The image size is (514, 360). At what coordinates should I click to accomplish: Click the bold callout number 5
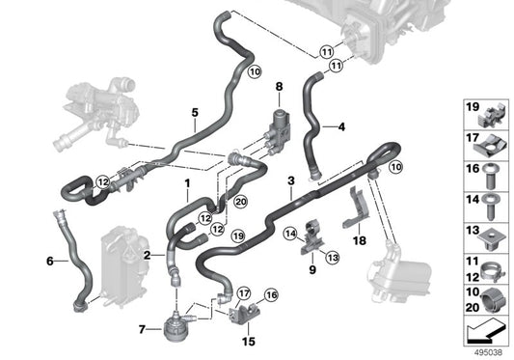point(196,112)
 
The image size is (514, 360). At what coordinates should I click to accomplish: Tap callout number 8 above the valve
point(278,88)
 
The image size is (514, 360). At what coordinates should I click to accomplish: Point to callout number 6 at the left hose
point(50,260)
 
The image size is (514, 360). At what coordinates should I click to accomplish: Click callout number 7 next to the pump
point(144,329)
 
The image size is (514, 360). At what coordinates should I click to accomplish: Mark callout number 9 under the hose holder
point(311,270)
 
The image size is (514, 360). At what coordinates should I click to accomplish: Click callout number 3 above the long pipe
point(289,180)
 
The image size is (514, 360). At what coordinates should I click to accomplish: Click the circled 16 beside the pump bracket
point(271,294)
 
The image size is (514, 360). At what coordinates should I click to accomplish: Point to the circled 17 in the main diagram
point(245,293)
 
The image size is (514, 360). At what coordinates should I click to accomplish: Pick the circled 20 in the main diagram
point(241,201)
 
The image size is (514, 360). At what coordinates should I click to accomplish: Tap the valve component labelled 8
point(281,126)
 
